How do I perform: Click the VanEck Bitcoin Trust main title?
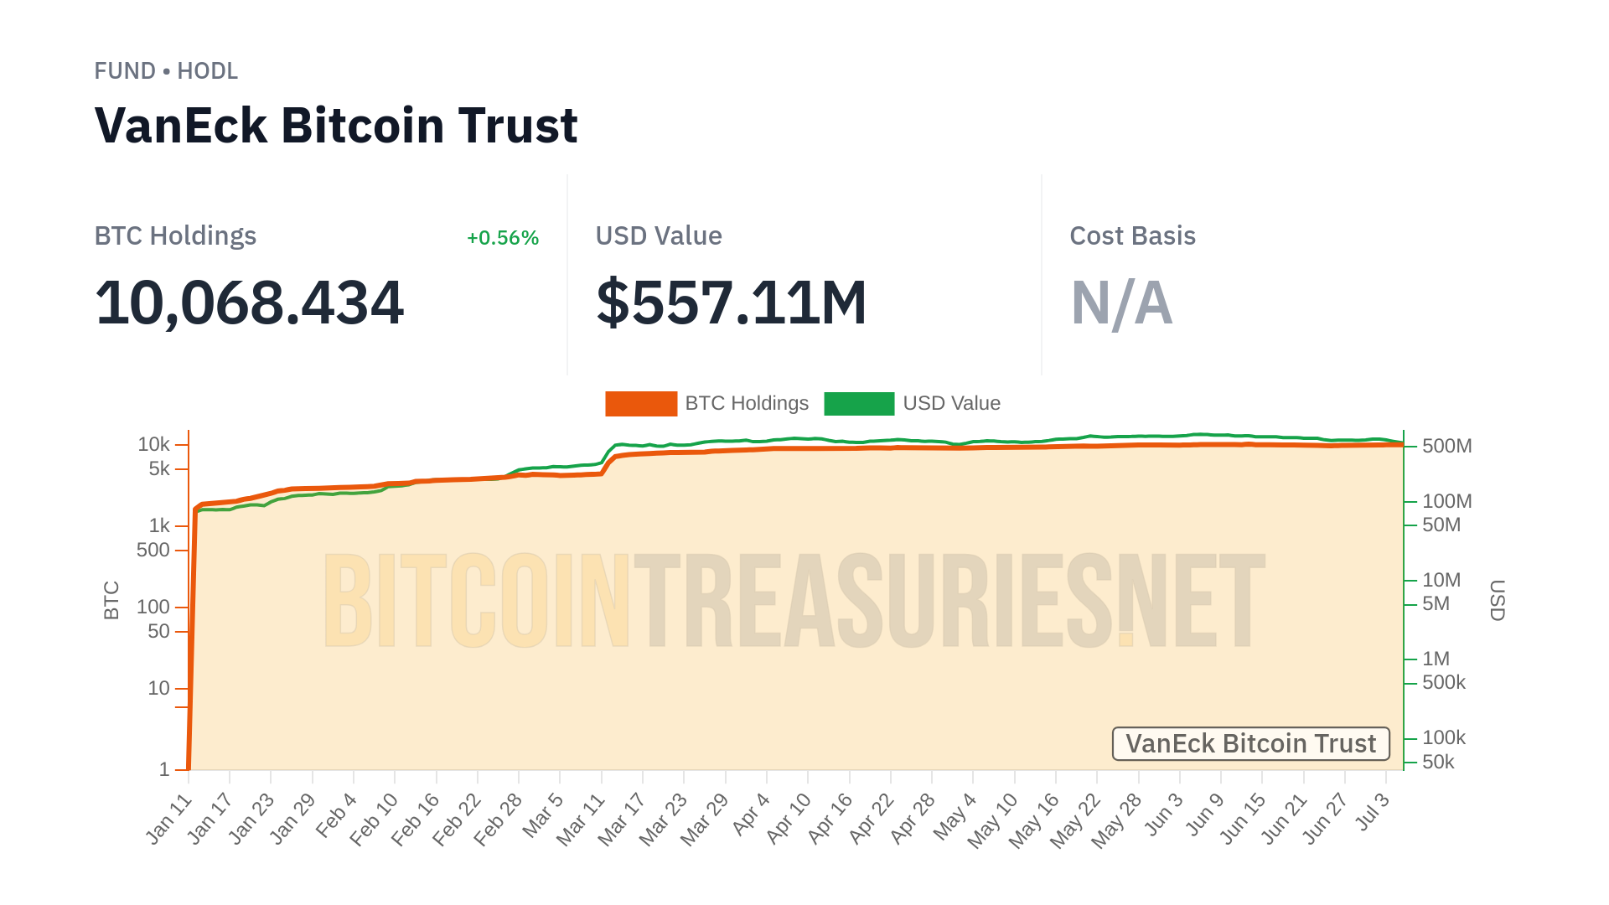click(x=336, y=126)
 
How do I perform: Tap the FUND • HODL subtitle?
click(x=166, y=71)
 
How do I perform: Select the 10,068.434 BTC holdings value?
click(x=250, y=303)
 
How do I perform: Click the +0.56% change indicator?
click(x=502, y=238)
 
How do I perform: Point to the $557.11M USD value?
click(x=731, y=303)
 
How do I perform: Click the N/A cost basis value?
click(x=1121, y=303)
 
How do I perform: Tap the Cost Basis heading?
click(x=1132, y=236)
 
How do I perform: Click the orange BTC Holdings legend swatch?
click(x=640, y=404)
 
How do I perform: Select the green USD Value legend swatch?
click(x=859, y=404)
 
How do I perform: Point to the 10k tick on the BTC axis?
click(x=154, y=444)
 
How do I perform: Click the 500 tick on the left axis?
click(x=153, y=551)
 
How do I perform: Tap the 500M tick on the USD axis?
click(x=1446, y=446)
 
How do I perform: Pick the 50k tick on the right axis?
click(x=1438, y=763)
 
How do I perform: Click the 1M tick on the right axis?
click(x=1436, y=659)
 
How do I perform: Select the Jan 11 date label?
click(x=170, y=819)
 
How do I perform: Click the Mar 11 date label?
click(x=582, y=819)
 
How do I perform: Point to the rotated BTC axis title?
click(x=111, y=600)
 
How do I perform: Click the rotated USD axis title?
click(x=1497, y=600)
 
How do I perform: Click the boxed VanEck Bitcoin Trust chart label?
click(x=1250, y=744)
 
